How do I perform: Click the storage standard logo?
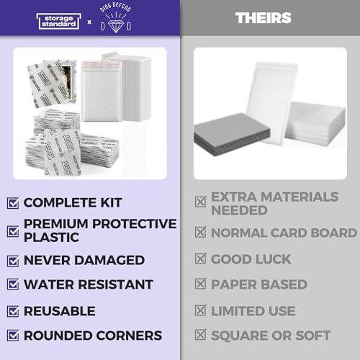[60, 20]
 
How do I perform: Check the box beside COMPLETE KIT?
[12, 203]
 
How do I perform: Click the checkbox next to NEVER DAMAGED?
[12, 260]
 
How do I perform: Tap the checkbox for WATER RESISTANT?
[12, 285]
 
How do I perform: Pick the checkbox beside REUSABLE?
[12, 311]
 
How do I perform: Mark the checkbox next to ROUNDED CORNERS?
[12, 336]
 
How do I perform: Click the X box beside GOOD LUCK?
[200, 260]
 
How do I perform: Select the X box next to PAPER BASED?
[200, 285]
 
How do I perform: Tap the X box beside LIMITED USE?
[200, 311]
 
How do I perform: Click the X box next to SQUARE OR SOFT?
[200, 336]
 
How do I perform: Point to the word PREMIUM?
[55, 225]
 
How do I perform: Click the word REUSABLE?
[59, 311]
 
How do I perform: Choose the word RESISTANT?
[114, 285]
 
